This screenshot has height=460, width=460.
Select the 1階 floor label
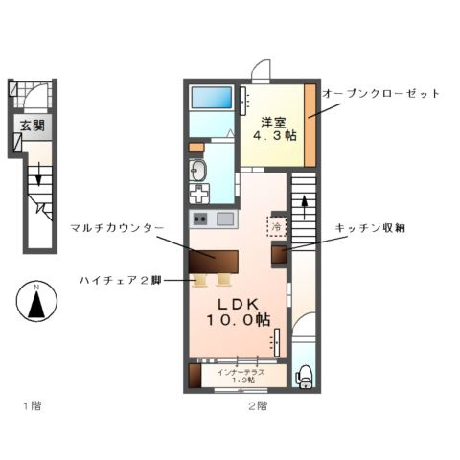pos(32,405)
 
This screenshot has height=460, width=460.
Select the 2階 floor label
pos(256,405)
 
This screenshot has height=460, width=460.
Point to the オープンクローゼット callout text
pos(380,94)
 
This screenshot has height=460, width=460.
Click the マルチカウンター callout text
pos(116,227)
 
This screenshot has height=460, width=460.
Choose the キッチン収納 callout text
pos(369,227)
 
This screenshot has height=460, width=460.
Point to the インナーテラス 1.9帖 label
pos(238,376)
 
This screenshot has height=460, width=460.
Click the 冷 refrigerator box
pos(276,228)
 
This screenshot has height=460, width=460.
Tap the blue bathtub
pos(212,98)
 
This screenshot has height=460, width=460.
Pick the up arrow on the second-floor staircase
pos(304,205)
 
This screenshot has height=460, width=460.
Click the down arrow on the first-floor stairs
pos(38,176)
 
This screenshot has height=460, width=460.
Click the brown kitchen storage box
pos(279,254)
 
